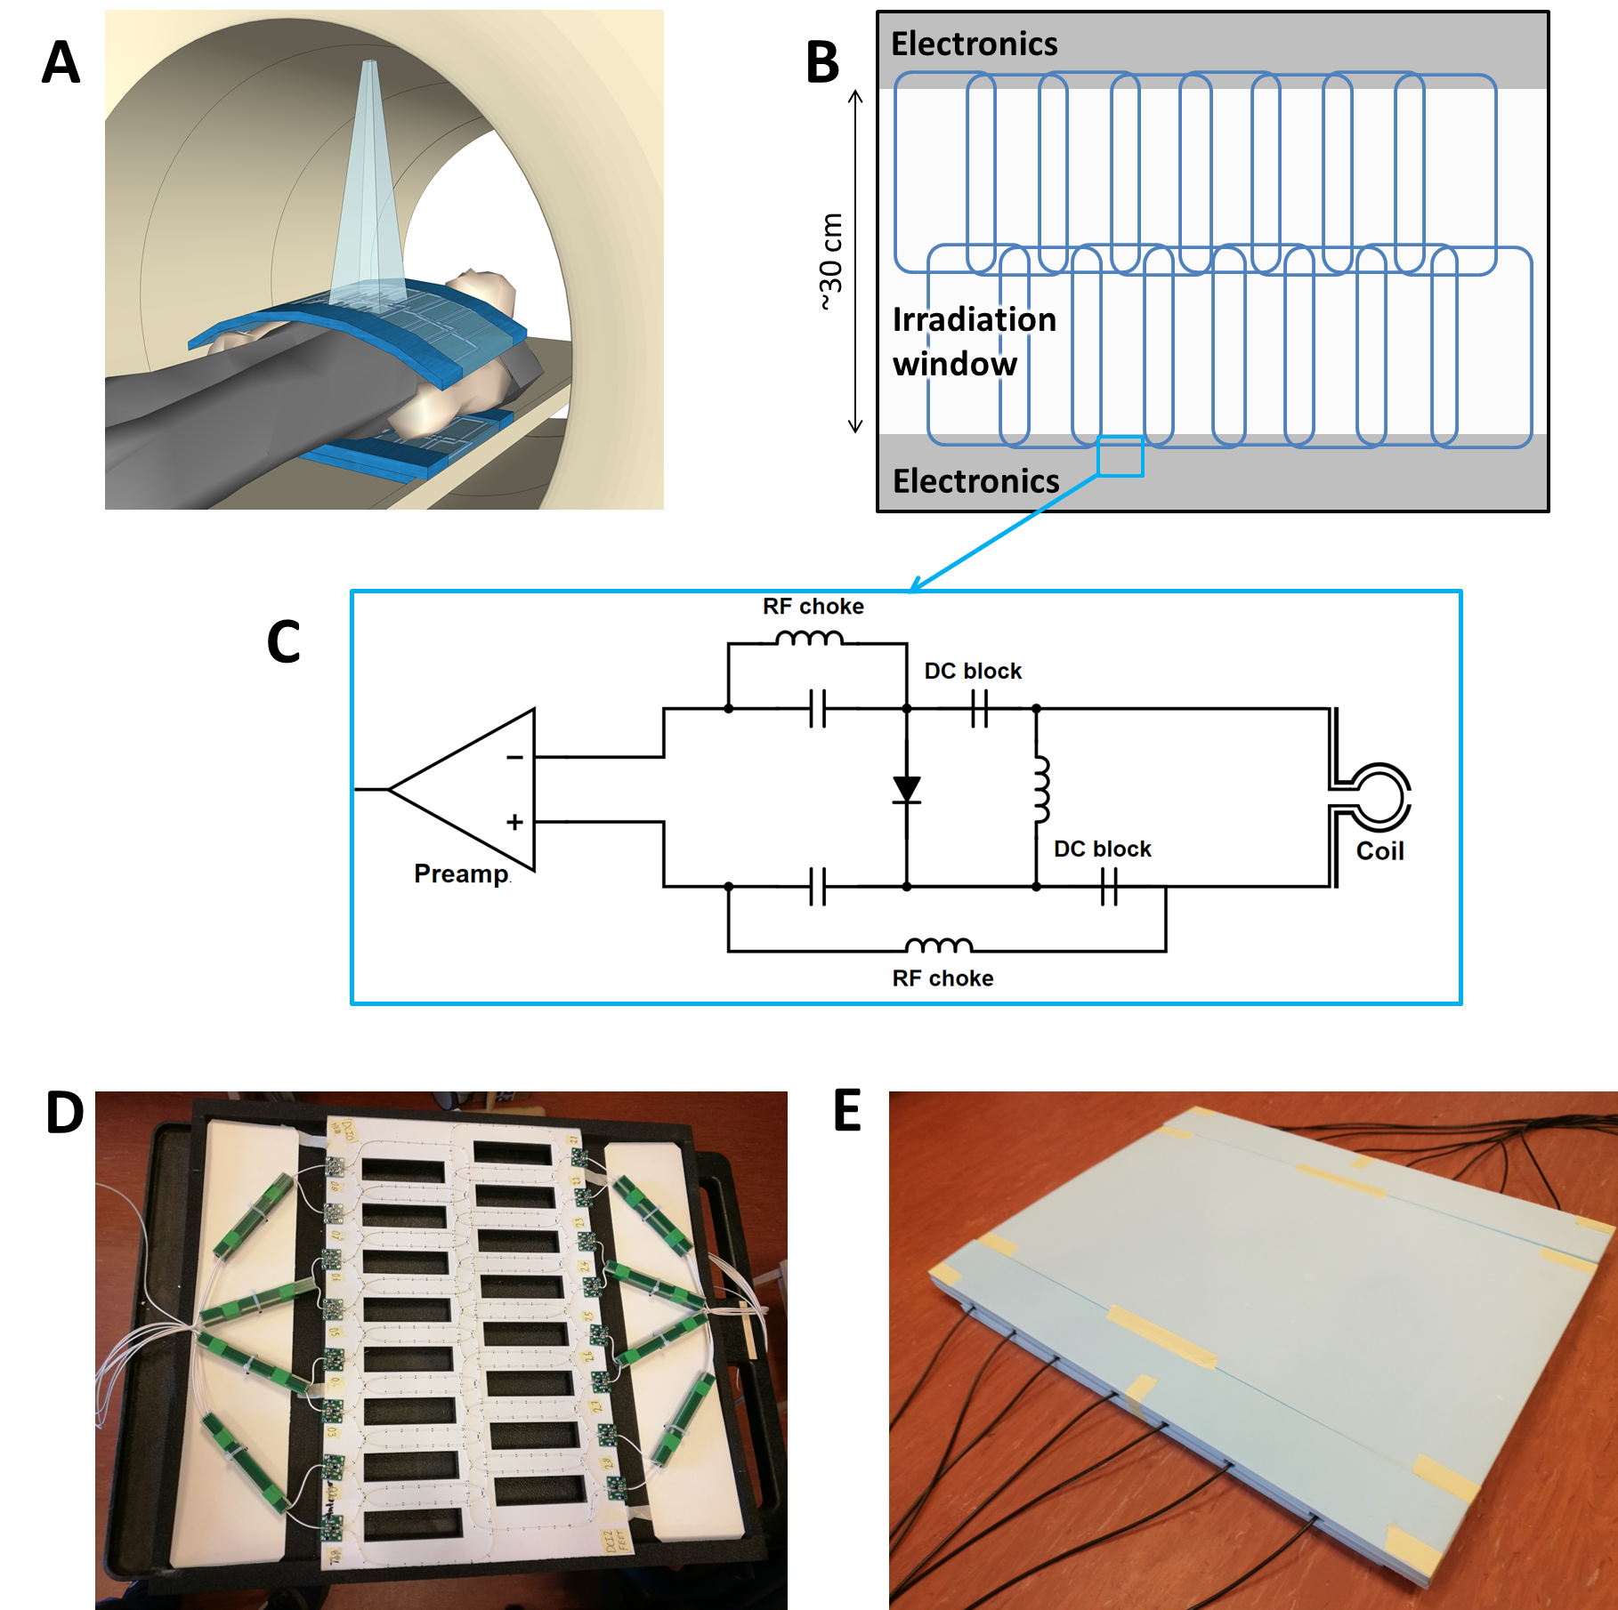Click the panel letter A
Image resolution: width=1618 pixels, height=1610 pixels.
(x=61, y=63)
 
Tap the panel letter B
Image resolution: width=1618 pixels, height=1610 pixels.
(x=822, y=63)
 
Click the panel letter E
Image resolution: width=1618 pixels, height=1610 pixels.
(x=847, y=1112)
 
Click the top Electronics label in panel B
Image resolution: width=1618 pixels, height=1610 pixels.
(x=975, y=44)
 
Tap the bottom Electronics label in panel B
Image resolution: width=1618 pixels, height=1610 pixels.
(x=976, y=481)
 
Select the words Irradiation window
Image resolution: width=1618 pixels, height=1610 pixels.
(x=974, y=342)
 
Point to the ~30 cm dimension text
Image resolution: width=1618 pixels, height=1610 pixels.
(x=831, y=262)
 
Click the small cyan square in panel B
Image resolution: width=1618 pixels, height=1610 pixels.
(x=1120, y=457)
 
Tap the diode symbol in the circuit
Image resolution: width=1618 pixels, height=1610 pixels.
(x=907, y=790)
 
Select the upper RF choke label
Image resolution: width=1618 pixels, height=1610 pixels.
(x=813, y=607)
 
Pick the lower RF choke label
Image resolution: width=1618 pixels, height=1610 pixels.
(x=942, y=978)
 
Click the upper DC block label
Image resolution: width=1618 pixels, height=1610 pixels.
(x=973, y=671)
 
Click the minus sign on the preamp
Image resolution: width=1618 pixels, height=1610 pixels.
(x=514, y=758)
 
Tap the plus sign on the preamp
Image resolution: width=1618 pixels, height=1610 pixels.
(x=514, y=822)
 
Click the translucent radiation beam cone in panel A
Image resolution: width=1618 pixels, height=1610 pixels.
(x=368, y=196)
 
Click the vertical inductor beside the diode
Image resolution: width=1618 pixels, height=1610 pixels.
(x=1040, y=790)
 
